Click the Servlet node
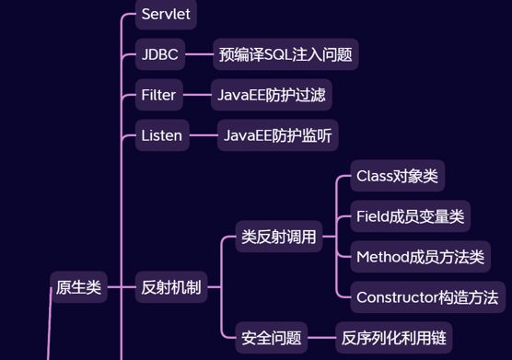coord(166,14)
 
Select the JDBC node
coord(159,54)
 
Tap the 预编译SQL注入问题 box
coord(285,54)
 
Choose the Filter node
coord(157,95)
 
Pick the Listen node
coord(162,136)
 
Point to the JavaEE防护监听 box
coord(277,136)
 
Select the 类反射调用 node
coord(278,237)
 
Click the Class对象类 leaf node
coord(397,176)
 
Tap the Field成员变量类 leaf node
coord(410,217)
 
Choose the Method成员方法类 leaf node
coord(420,257)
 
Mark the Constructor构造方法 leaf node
coord(426,297)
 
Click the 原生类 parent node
coord(78,287)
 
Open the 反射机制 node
coord(170,287)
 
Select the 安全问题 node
coord(271,338)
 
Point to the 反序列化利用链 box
coord(393,338)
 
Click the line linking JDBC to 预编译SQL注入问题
coord(198,54)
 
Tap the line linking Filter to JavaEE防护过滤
coord(196,95)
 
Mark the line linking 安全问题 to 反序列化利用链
coord(320,338)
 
